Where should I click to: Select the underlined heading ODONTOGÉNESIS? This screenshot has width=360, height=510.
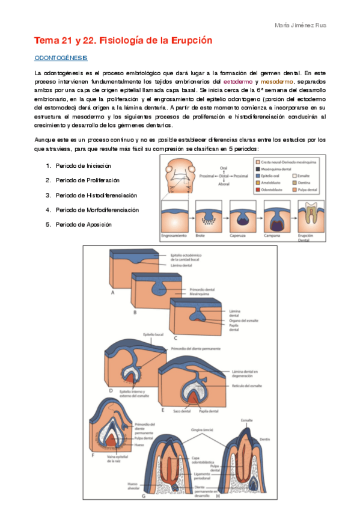click(61, 58)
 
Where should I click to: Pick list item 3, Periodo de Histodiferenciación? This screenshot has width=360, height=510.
click(96, 195)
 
